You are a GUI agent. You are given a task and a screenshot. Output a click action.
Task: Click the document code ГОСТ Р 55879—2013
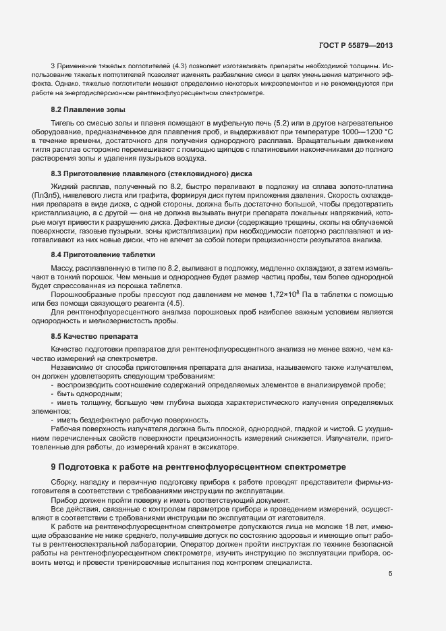[355, 46]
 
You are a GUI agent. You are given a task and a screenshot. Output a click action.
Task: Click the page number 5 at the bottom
[390, 574]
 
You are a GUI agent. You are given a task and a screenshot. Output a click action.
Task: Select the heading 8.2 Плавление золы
[88, 109]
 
